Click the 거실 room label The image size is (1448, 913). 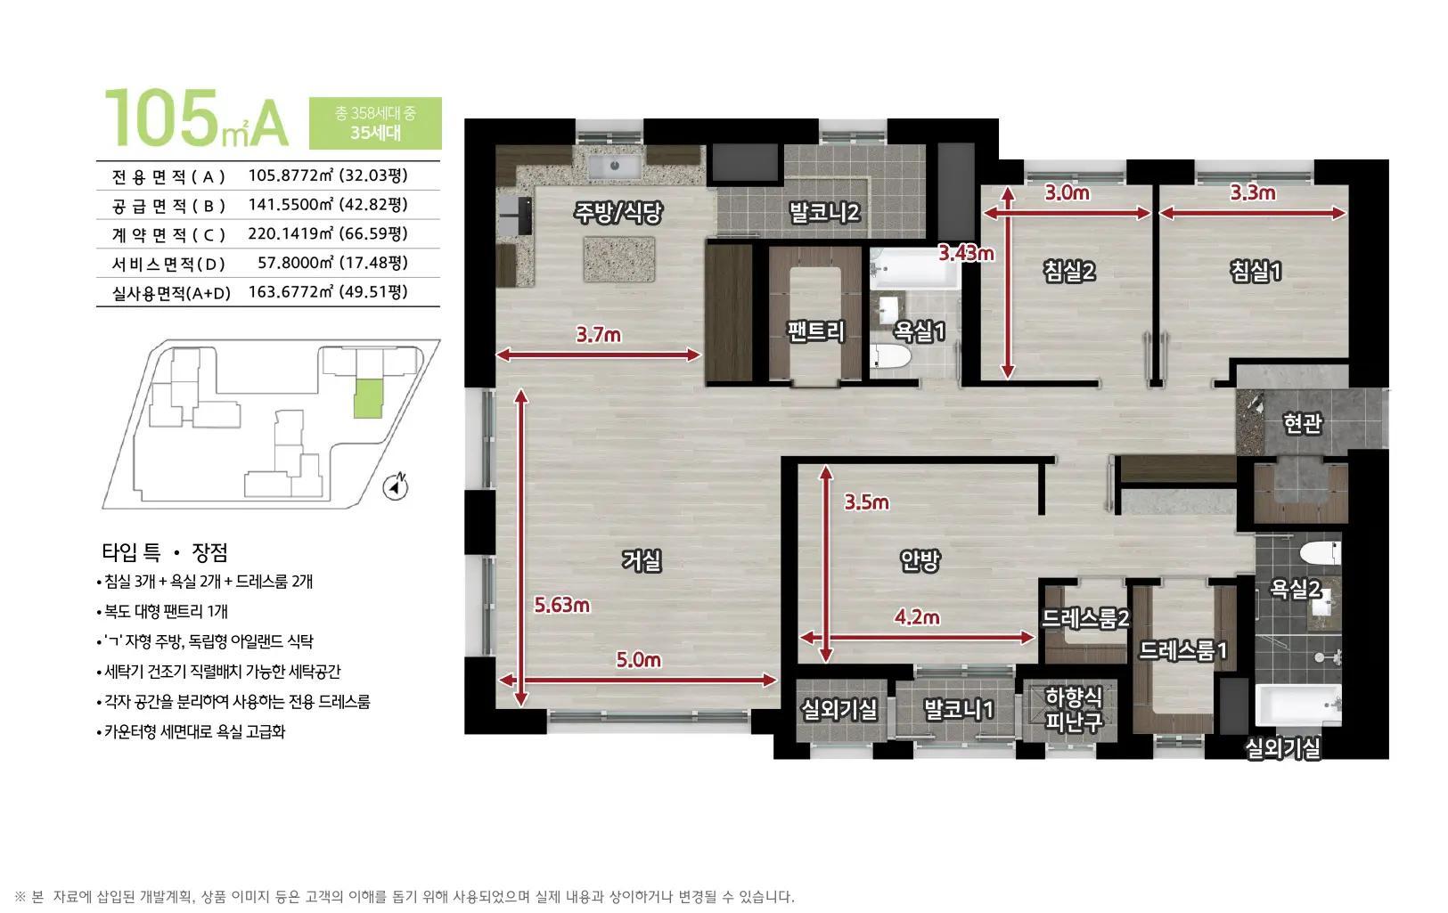pyautogui.click(x=642, y=560)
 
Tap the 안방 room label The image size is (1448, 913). pyautogui.click(x=920, y=560)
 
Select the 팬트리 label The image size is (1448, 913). pyautogui.click(x=816, y=330)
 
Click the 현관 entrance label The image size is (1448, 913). pyautogui.click(x=1303, y=423)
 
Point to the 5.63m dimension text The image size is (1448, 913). pyautogui.click(x=561, y=606)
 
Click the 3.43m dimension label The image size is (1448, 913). pyautogui.click(x=967, y=253)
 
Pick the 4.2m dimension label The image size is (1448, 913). pyautogui.click(x=917, y=617)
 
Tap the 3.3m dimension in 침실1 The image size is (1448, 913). pyautogui.click(x=1253, y=192)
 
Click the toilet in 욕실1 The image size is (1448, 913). pyautogui.click(x=890, y=356)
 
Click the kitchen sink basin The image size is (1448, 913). pyautogui.click(x=615, y=166)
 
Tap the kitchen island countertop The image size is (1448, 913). pyautogui.click(x=618, y=259)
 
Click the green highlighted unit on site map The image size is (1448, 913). pyautogui.click(x=369, y=399)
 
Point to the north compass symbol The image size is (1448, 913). pyautogui.click(x=395, y=486)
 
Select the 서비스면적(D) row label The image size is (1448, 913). pyautogui.click(x=168, y=264)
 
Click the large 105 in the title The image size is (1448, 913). pyautogui.click(x=161, y=118)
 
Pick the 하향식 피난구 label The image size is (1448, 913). pyautogui.click(x=1074, y=709)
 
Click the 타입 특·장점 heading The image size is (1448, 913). pyautogui.click(x=165, y=552)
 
